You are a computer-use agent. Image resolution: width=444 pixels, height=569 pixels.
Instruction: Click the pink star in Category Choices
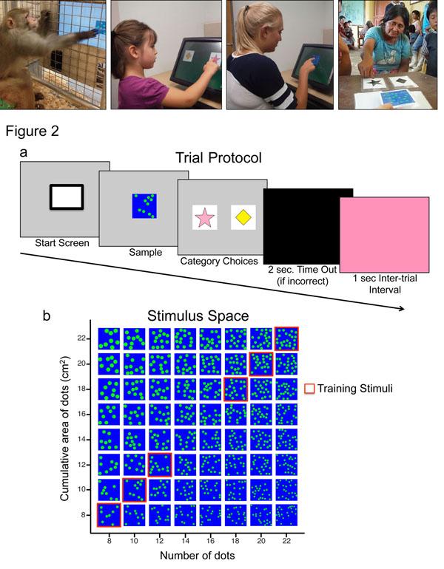204,217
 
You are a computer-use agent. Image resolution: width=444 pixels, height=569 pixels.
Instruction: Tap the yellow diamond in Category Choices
243,217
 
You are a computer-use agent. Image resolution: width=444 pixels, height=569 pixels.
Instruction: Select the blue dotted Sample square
144,205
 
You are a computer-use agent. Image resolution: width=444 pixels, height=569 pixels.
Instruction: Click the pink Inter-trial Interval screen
384,239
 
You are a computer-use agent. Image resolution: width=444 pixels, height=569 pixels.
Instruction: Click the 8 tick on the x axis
110,541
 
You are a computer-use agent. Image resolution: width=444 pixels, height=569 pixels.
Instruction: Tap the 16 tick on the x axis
210,541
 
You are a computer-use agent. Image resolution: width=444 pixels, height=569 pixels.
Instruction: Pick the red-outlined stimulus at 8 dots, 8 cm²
109,515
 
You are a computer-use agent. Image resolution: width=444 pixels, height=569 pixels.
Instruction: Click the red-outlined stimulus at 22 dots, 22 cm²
286,338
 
